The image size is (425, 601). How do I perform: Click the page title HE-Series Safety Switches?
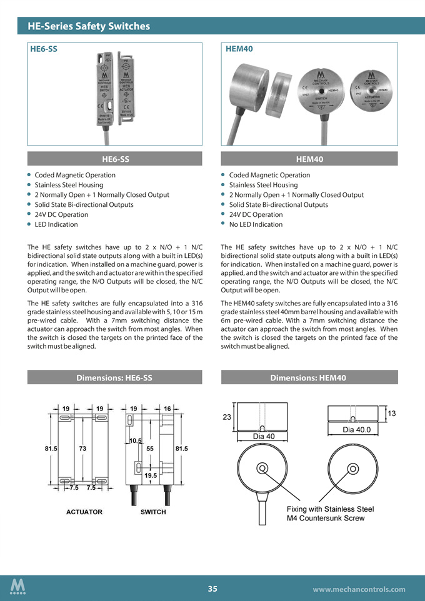tap(88, 26)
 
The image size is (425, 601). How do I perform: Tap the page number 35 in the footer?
tap(212, 589)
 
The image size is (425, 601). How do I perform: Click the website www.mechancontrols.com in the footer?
tap(359, 589)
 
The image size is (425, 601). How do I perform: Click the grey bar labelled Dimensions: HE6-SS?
tap(114, 377)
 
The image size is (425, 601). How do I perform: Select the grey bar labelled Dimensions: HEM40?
tap(309, 377)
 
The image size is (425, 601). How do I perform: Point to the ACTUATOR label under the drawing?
tap(84, 512)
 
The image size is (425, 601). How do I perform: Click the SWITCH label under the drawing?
tap(153, 512)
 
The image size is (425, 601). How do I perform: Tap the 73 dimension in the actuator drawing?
tap(82, 448)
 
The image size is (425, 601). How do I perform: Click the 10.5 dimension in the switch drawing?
tap(136, 441)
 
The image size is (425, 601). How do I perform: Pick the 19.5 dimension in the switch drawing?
tap(151, 475)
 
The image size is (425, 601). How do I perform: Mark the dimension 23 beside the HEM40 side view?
tap(226, 417)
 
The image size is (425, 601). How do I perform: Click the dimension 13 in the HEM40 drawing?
tap(391, 413)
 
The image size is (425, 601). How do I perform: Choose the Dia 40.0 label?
tap(356, 429)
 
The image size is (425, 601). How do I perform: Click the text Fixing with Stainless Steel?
tap(330, 509)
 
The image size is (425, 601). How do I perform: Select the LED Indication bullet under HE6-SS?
tap(56, 224)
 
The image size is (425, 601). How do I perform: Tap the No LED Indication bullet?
tap(256, 224)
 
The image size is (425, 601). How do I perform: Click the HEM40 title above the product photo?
tap(239, 49)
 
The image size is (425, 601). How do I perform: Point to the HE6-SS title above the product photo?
tap(44, 49)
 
